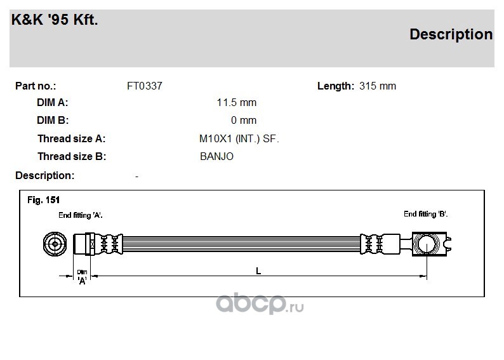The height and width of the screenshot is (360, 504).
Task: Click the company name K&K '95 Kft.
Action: point(55,20)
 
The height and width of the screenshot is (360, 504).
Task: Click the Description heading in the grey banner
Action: point(451,35)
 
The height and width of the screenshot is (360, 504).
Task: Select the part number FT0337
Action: point(145,86)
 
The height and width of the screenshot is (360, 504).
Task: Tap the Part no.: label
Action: point(36,86)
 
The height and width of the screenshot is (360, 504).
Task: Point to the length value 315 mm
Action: point(378,86)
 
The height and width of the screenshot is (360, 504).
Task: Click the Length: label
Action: point(336,86)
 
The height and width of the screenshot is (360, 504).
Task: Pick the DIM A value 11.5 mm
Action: point(237,102)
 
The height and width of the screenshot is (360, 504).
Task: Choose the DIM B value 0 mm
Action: point(244,120)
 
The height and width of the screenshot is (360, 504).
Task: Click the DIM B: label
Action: point(53,120)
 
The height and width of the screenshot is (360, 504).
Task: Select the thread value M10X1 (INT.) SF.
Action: point(239,139)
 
